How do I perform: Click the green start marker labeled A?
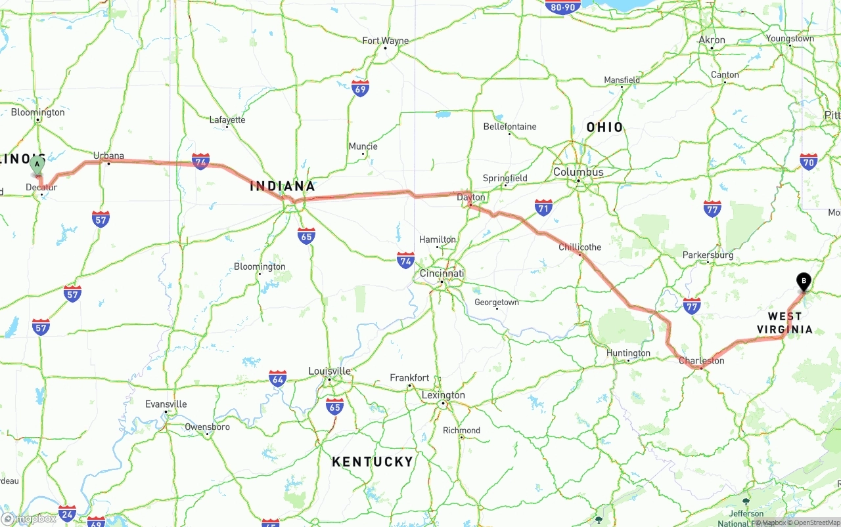click(x=37, y=164)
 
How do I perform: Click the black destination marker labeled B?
click(x=804, y=282)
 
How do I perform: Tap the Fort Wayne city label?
click(x=385, y=41)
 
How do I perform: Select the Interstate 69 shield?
click(x=360, y=89)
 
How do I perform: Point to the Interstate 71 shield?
click(x=543, y=208)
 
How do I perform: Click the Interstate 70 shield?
click(x=809, y=161)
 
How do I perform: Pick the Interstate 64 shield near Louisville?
click(x=278, y=379)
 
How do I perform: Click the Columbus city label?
click(x=578, y=172)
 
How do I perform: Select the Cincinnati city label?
click(x=442, y=273)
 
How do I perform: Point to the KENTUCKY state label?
click(x=373, y=462)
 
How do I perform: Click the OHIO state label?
click(x=604, y=127)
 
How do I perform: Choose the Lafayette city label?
click(x=227, y=119)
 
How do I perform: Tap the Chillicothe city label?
click(x=580, y=247)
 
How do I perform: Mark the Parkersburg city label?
click(x=708, y=255)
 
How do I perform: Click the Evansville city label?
click(x=166, y=404)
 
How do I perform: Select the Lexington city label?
click(x=443, y=395)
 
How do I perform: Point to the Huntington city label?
click(x=628, y=353)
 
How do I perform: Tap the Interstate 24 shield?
click(x=67, y=513)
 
